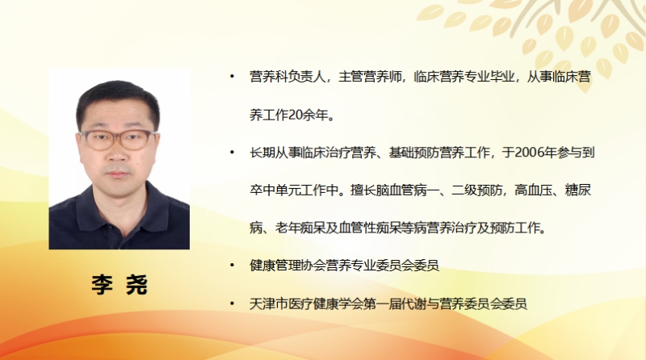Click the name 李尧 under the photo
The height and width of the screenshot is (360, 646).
(120, 284)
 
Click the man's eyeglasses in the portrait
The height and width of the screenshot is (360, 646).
(118, 140)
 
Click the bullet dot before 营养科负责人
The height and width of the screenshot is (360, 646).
(232, 76)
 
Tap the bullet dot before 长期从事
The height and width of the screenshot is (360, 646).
(232, 153)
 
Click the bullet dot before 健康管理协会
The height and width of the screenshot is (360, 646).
(232, 266)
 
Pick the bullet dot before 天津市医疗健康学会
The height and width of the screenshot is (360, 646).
(232, 304)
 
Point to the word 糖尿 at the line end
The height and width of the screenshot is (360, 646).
(578, 190)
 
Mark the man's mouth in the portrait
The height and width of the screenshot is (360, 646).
(117, 174)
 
